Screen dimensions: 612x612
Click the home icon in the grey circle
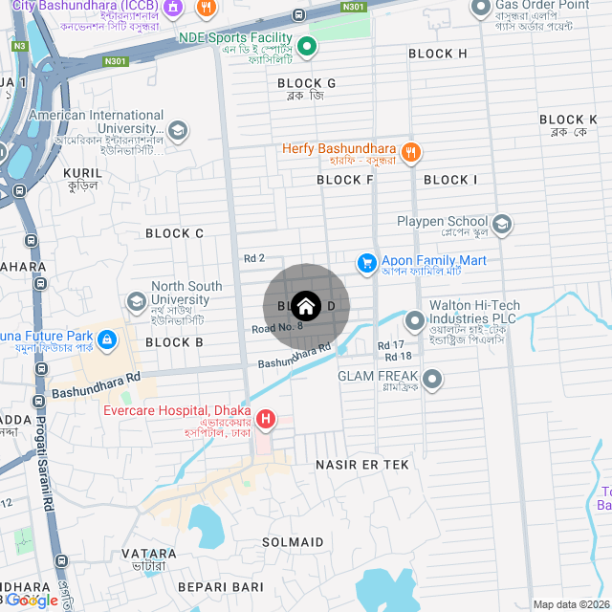306,306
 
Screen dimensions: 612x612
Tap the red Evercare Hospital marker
265,419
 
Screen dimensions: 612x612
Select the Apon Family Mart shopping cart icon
366,261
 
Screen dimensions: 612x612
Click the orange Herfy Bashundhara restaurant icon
410,150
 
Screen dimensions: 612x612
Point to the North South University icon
136,301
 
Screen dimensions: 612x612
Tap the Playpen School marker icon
502,224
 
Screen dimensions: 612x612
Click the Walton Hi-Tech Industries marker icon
414,319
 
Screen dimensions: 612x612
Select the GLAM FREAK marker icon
432,380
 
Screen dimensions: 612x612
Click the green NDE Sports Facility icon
307,45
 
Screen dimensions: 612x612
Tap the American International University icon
177,130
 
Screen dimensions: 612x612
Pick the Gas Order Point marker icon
481,9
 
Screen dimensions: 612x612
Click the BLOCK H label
438,54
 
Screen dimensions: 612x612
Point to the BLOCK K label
568,120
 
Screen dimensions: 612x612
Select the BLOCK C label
174,233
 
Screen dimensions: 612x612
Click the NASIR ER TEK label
362,464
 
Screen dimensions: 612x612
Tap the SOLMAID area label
293,542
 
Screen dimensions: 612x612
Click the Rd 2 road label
254,258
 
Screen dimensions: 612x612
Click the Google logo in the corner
32,601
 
